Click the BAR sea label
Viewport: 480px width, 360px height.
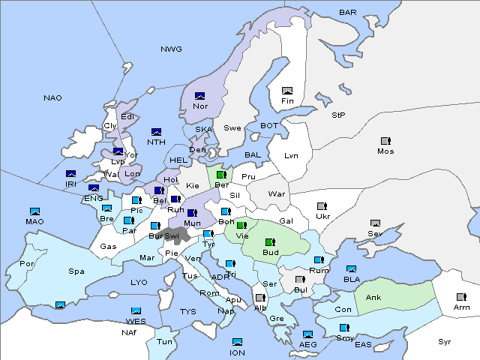pos(348,13)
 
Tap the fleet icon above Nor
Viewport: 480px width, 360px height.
pos(199,96)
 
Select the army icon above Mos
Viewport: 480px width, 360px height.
pos(385,141)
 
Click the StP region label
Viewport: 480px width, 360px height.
pos(338,115)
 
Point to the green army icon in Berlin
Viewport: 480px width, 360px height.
pos(221,175)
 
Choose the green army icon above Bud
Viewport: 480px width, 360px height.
pos(269,241)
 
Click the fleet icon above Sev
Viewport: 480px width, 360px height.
pos(376,223)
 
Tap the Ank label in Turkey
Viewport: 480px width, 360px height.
pos(373,298)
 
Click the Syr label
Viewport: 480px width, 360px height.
pos(445,341)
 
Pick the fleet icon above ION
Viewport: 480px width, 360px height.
pos(238,342)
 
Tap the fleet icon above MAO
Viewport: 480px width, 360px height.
pos(34,211)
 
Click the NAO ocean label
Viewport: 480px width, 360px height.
pos(52,98)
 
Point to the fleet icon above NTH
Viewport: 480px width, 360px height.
pos(156,132)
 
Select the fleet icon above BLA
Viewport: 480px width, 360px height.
pos(352,268)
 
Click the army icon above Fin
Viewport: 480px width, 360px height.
pos(286,91)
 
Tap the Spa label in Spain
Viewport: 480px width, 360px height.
pos(76,271)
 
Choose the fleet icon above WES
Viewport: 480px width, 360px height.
pos(136,310)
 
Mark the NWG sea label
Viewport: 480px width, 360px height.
pos(171,49)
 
